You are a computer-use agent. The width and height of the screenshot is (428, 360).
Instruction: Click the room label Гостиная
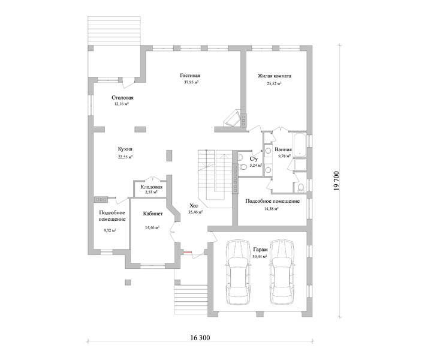tap(190, 76)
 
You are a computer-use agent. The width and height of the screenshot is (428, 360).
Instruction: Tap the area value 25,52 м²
tap(274, 83)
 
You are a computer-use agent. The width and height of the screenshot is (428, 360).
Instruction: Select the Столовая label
tap(122, 98)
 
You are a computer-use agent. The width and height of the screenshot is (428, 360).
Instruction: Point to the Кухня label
tap(125, 149)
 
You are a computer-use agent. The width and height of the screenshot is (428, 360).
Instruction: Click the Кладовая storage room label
tap(151, 187)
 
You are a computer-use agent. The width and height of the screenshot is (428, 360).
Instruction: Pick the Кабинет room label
tap(153, 214)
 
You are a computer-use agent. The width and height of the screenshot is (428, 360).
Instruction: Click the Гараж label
tap(260, 250)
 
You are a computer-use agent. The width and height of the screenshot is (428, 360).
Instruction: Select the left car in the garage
tap(238, 272)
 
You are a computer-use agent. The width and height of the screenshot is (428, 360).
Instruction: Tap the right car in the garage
tap(282, 272)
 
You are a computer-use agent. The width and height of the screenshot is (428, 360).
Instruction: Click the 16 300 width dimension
tap(200, 338)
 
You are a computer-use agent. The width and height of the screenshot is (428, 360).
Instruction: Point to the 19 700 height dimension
tap(336, 181)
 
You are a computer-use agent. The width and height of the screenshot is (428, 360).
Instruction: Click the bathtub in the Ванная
tap(300, 145)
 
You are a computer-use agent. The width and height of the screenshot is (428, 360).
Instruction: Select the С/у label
tap(254, 158)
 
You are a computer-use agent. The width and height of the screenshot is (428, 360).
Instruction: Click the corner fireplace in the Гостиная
tap(233, 119)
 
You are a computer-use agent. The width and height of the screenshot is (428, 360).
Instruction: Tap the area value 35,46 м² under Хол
tap(195, 212)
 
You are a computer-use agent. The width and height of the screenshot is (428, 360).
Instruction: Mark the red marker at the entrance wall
tap(187, 252)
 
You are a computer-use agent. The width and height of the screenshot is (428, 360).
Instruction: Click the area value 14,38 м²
tap(271, 209)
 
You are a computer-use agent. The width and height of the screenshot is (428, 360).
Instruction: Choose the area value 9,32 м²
tap(110, 230)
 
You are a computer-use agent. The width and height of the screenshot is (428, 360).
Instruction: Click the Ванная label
tap(283, 149)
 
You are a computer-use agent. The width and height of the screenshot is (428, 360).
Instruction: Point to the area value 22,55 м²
tap(125, 157)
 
